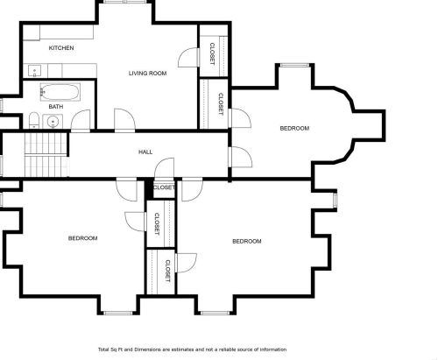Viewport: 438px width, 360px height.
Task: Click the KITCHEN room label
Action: click(x=61, y=48)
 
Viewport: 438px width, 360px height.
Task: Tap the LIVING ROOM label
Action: click(x=148, y=73)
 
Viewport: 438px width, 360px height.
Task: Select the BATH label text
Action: click(x=56, y=107)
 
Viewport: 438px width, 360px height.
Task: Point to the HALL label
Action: click(x=145, y=152)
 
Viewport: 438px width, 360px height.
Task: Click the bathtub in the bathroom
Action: click(x=60, y=92)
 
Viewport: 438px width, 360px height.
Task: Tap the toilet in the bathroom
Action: click(x=34, y=120)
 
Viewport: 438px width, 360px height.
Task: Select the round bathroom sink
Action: click(x=53, y=121)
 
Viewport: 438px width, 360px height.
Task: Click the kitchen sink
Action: click(x=34, y=71)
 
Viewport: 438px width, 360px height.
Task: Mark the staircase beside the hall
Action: click(x=46, y=155)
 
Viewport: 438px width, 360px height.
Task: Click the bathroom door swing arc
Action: click(x=81, y=120)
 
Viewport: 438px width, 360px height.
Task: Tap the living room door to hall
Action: click(x=124, y=119)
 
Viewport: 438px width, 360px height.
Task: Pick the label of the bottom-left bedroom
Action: click(x=83, y=238)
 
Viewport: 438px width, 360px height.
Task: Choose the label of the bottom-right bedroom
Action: click(x=247, y=241)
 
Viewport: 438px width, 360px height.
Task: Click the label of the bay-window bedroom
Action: click(x=294, y=128)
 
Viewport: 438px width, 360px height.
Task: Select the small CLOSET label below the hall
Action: click(x=164, y=187)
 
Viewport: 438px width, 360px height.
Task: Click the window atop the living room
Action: click(x=125, y=2)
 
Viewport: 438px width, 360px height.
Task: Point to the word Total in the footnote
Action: click(x=103, y=349)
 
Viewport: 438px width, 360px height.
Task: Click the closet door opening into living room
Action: click(x=188, y=58)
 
